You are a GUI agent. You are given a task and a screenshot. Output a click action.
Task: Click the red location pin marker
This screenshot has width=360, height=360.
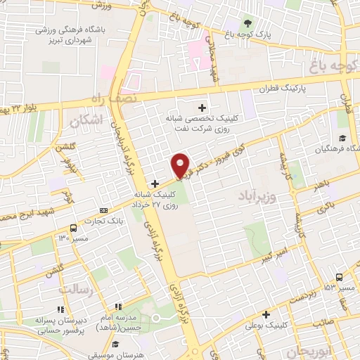[181, 165]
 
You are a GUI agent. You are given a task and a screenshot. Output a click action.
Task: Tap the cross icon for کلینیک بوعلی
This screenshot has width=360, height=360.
[266, 314]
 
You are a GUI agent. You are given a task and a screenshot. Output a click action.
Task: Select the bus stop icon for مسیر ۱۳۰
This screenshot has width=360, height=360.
[73, 227]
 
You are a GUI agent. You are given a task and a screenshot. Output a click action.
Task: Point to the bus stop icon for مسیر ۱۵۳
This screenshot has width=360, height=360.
[339, 276]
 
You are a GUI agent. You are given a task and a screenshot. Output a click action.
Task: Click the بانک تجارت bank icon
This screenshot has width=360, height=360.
[104, 210]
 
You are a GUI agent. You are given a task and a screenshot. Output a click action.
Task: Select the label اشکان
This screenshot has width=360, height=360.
[86, 121]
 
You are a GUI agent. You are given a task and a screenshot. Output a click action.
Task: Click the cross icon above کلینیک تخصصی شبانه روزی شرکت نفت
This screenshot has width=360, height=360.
[202, 108]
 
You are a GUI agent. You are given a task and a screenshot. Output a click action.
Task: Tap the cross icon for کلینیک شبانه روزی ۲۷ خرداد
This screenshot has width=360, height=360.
[155, 184]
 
